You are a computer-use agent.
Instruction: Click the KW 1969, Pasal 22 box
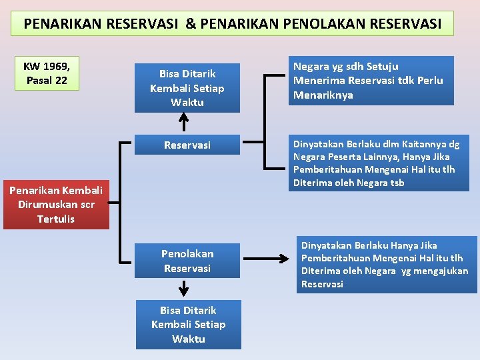47,73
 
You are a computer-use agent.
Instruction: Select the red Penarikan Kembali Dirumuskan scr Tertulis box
56,205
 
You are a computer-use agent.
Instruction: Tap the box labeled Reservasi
187,145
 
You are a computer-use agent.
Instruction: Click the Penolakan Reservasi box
187,261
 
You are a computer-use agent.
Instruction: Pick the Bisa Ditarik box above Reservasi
187,87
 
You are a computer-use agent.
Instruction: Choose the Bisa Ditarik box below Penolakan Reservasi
188,325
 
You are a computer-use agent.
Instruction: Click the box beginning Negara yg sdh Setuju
371,81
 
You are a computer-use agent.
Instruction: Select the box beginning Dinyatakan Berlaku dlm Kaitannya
377,163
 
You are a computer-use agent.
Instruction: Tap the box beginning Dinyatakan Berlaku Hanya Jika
387,265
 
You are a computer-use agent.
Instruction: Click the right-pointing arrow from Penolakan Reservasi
267,257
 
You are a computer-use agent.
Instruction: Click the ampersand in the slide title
191,24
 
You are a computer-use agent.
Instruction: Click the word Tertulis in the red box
56,219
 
